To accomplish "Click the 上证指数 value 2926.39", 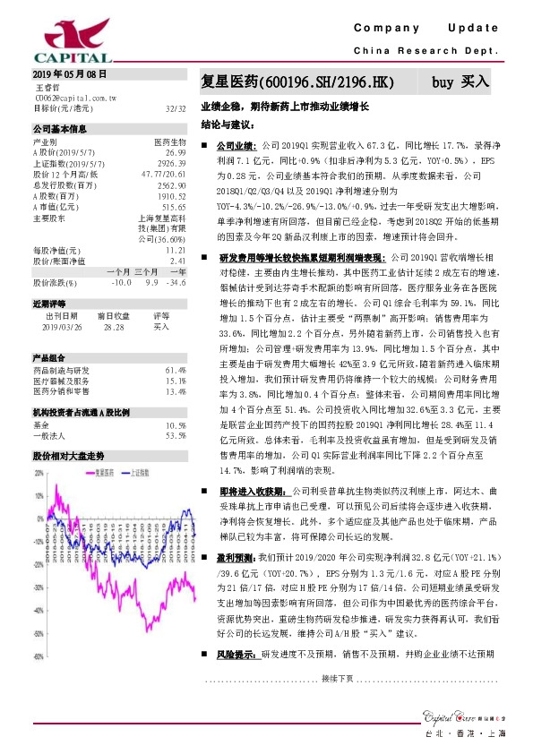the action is coord(170,164).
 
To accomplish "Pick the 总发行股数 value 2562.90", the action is coord(170,185).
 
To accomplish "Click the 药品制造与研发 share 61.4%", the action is coord(176,369).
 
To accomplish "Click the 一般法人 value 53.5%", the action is coord(176,435).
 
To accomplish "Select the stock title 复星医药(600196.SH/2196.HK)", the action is coord(297,82).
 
